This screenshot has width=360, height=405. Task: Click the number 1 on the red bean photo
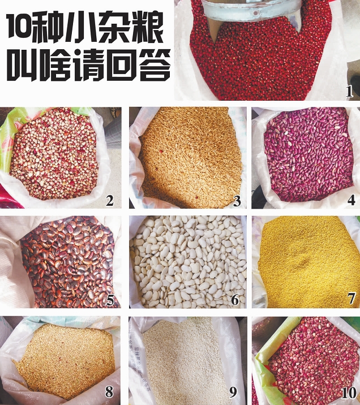pos(349,92)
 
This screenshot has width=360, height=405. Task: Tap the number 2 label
pos(110,201)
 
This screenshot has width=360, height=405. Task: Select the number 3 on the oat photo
pos(237,201)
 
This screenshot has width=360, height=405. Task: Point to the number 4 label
pos(351,200)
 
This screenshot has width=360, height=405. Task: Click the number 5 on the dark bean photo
pos(110,300)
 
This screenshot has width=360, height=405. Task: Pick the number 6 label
pos(235,300)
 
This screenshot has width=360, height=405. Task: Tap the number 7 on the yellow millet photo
pos(352,299)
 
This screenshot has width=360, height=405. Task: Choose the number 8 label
pos(109,392)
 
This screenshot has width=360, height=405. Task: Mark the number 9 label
pos(233,392)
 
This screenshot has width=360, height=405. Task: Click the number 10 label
pos(349,393)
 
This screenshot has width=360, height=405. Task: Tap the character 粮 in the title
pos(148,27)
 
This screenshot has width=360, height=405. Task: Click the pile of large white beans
pos(188,262)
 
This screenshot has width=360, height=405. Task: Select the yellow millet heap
pos(307,262)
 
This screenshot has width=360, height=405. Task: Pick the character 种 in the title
pos(47,27)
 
